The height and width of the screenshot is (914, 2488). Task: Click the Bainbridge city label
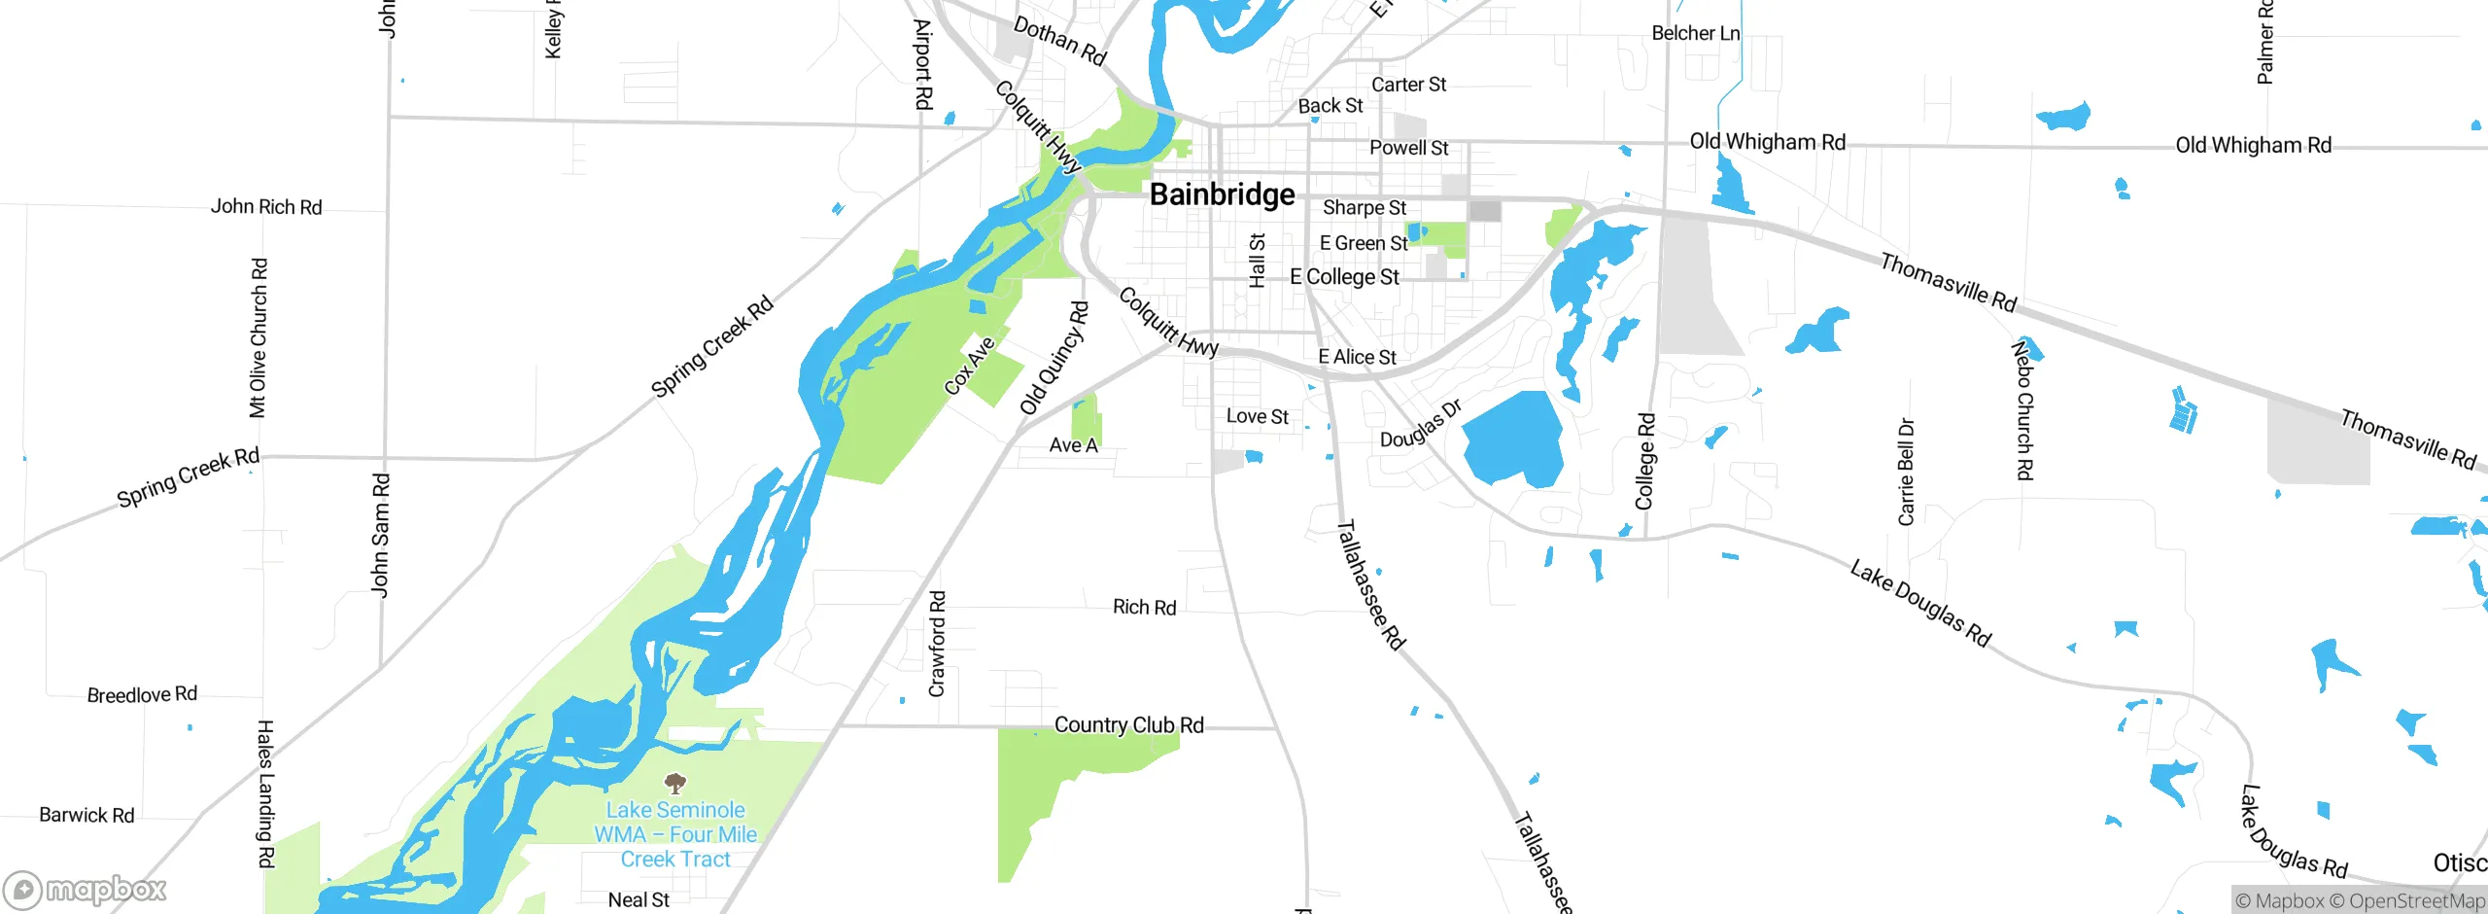click(1222, 194)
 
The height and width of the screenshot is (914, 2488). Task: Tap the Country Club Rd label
click(1128, 725)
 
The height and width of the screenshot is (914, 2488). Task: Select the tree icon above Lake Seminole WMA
click(675, 783)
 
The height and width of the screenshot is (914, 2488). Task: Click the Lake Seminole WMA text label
click(675, 834)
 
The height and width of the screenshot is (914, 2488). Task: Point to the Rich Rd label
click(1144, 608)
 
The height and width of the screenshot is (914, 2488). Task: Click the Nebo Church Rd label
click(2022, 409)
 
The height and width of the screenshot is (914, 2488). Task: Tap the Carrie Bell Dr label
click(1906, 473)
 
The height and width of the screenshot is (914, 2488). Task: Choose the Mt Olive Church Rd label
click(258, 337)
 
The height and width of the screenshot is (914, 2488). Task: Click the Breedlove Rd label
click(142, 694)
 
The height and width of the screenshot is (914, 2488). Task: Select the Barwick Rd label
click(86, 815)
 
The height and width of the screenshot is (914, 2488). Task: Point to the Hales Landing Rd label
click(265, 793)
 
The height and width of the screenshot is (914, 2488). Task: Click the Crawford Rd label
click(937, 644)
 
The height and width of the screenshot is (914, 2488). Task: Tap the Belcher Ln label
click(1695, 33)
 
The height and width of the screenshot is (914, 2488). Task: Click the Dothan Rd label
click(1059, 41)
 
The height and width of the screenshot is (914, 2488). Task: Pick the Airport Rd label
click(922, 64)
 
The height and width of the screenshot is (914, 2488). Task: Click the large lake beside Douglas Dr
click(1511, 438)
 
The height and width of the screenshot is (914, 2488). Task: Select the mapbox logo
click(85, 889)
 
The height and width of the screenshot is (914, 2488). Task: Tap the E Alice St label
click(1357, 357)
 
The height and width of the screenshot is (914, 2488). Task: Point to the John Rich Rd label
click(266, 207)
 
